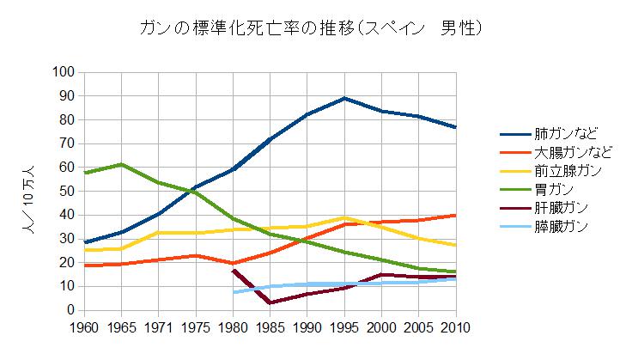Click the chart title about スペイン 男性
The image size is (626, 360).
(313, 28)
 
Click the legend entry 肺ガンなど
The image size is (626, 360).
(568, 133)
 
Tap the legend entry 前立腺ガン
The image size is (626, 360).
(568, 171)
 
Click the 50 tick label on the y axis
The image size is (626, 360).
(64, 191)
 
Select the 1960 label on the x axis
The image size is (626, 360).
(86, 327)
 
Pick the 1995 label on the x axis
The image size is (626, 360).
(344, 327)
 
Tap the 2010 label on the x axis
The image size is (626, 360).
(455, 327)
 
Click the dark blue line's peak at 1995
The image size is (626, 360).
(344, 98)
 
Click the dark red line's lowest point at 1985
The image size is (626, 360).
(270, 302)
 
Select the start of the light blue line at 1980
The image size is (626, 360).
(234, 292)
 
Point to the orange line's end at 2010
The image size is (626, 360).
(455, 215)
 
